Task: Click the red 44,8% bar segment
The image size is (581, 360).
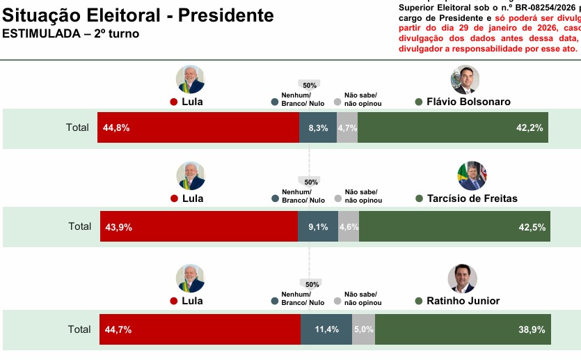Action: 198,127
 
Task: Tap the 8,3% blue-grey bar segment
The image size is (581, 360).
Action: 318,127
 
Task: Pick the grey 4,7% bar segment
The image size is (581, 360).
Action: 347,127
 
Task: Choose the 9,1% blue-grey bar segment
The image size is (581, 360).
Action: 318,226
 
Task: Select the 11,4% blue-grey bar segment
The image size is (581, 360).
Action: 326,329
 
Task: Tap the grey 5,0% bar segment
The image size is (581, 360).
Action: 363,329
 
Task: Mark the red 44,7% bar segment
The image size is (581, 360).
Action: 199,329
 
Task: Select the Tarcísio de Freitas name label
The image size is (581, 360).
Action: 471,198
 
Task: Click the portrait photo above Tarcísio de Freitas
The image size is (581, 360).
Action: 472,176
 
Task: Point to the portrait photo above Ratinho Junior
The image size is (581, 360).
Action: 462,279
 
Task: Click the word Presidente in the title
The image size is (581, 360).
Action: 222,15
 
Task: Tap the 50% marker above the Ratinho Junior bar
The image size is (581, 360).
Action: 312,284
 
